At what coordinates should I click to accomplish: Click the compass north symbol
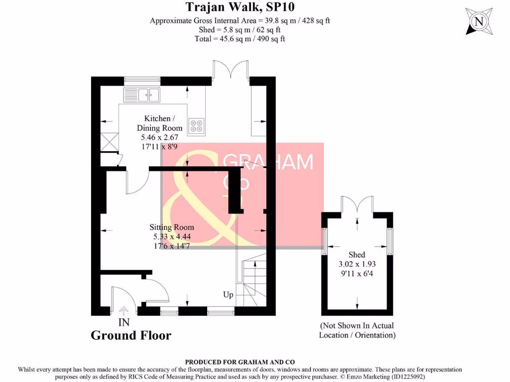(x=479, y=21)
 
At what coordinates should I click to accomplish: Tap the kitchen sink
(x=141, y=94)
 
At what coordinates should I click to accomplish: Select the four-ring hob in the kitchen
(x=196, y=125)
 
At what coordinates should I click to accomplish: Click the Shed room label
(x=357, y=255)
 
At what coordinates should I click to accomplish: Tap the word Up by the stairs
(x=228, y=294)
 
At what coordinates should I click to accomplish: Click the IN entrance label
(x=124, y=322)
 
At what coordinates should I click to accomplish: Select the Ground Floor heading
(x=130, y=336)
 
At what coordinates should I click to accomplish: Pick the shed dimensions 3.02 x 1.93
(x=357, y=264)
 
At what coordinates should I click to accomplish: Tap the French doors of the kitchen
(x=231, y=70)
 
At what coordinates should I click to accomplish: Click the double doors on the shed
(x=357, y=205)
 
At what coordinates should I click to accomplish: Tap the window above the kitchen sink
(x=142, y=79)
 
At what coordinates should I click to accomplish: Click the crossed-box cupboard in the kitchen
(x=109, y=142)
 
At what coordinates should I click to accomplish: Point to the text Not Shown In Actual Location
(x=357, y=330)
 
